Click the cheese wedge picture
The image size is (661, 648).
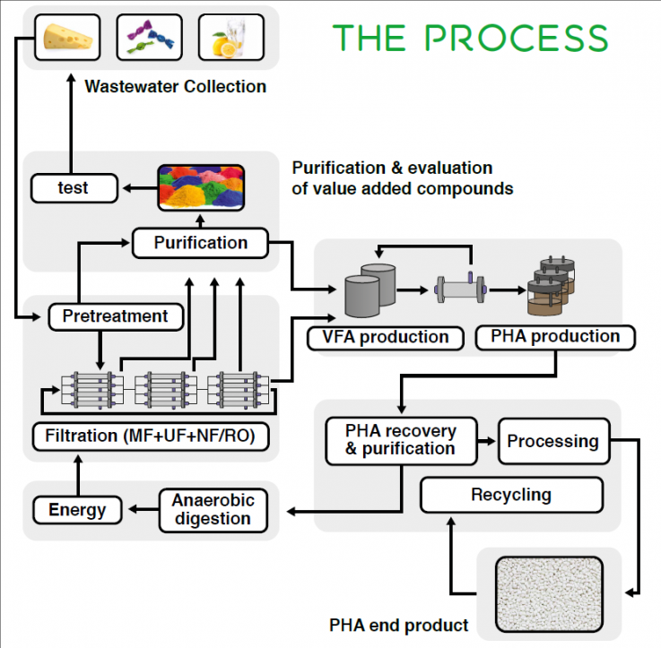pos(67,37)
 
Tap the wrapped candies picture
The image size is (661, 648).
pos(149,37)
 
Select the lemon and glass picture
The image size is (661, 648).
pos(231,37)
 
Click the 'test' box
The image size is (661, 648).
pos(74,188)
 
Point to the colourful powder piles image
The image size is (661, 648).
pos(201,187)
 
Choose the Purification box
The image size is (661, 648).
pos(200,243)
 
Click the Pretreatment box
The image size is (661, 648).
pos(116,316)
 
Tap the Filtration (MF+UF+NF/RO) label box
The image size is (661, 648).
pos(151,436)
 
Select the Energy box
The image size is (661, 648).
pos(77,510)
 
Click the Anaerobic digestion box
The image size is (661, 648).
pos(213,510)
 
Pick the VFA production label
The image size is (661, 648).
pos(386,338)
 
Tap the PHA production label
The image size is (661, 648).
pos(555,337)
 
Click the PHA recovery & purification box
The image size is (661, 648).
pos(401,441)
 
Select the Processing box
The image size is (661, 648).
pos(554,441)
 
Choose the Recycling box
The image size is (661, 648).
pos(512,495)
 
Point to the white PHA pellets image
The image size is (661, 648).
pos(549,594)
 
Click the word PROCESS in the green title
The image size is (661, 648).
pos(516,38)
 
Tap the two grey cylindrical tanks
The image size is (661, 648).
pos(370,290)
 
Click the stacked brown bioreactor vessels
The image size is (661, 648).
pos(552,286)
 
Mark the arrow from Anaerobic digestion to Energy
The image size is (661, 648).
pos(144,510)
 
